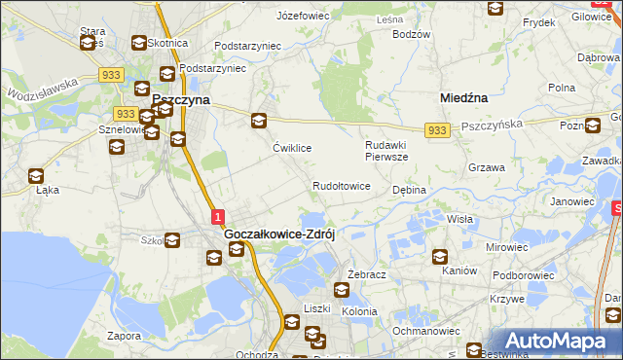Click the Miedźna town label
[463, 98]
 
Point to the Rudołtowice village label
[341, 186]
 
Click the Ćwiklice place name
[292, 149]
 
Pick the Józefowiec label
[304, 17]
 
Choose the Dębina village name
[409, 191]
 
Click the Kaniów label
[458, 271]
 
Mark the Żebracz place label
[367, 275]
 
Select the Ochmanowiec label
[425, 332]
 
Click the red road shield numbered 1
[218, 216]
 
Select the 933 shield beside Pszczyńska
[437, 130]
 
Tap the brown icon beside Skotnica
[138, 43]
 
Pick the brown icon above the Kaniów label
[439, 257]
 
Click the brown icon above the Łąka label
[36, 176]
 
